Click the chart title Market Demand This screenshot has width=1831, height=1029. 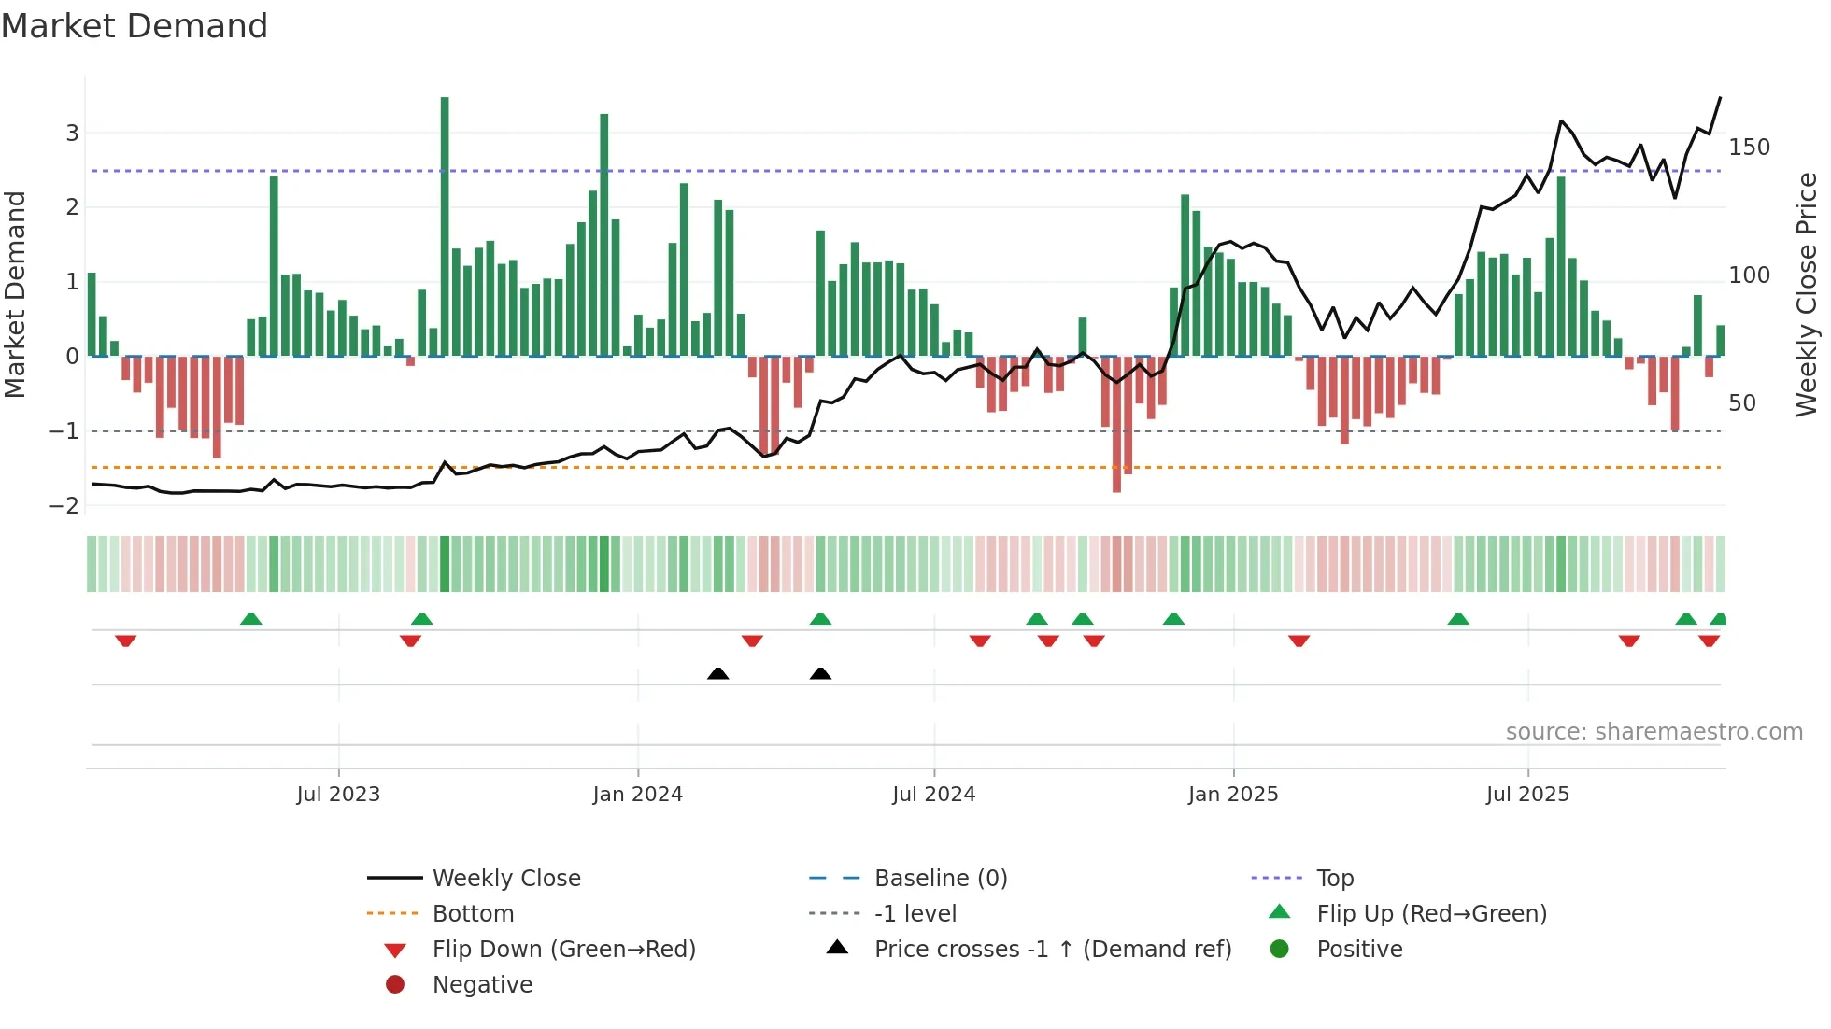point(135,26)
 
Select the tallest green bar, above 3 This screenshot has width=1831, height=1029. point(445,224)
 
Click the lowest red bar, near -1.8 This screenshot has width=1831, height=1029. point(1116,425)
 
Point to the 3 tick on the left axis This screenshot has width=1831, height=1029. point(72,133)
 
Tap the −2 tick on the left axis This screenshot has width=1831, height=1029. point(64,505)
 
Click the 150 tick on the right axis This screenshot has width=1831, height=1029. point(1749,148)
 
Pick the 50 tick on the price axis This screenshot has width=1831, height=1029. point(1742,403)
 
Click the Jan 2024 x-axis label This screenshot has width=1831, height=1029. point(637,795)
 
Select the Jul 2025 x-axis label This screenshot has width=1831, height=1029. point(1527,795)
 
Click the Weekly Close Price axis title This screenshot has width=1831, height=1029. point(1807,294)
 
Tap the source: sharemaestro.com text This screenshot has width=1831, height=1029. point(1654,732)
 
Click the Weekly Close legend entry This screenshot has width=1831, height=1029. point(505,879)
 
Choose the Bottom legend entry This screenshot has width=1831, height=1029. point(473,914)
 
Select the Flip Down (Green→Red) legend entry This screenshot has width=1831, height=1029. point(563,950)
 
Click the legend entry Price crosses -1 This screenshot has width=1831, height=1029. point(1052,950)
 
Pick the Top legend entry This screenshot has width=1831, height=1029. point(1335,879)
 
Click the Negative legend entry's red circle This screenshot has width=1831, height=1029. point(395,985)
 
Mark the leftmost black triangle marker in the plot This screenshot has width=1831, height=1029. point(717,674)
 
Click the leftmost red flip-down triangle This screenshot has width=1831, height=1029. point(126,641)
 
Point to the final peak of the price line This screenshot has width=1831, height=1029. point(1720,97)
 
